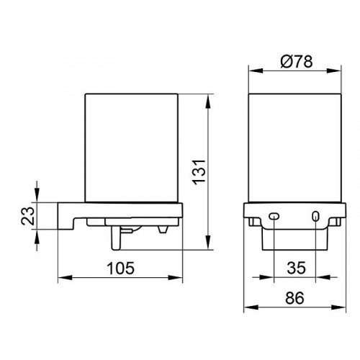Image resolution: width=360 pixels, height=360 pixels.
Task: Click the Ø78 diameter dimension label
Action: click(x=297, y=61)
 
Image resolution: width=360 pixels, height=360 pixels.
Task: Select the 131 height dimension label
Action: click(x=199, y=172)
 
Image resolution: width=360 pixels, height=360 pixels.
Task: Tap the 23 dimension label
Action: click(x=27, y=215)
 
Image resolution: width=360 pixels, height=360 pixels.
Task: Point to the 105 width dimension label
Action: click(x=120, y=268)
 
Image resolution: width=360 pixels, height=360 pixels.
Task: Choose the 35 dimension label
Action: click(x=297, y=268)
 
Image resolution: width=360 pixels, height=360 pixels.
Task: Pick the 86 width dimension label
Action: click(x=294, y=298)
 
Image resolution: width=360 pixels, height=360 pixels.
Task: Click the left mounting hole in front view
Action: click(x=274, y=216)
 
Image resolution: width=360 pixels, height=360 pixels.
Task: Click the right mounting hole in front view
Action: click(x=315, y=216)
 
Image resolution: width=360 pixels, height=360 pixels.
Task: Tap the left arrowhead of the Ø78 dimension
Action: click(x=255, y=71)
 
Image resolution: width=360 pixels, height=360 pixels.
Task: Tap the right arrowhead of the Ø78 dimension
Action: click(x=334, y=71)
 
